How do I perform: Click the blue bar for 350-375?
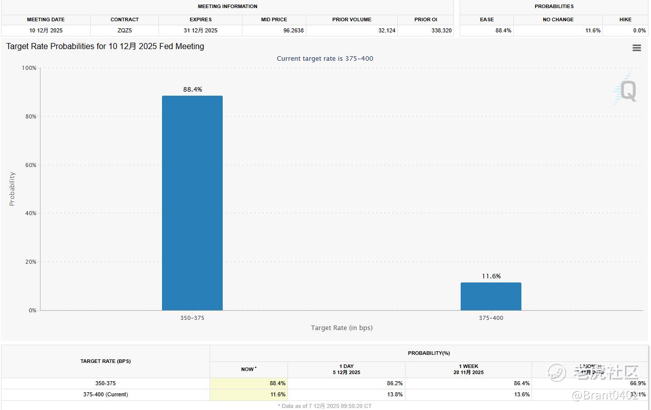[192, 202]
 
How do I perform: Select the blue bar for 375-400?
[491, 296]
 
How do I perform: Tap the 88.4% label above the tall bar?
[192, 90]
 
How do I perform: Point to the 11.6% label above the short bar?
[491, 276]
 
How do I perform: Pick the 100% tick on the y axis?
[28, 68]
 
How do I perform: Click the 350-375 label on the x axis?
[192, 318]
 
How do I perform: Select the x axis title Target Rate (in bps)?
[342, 328]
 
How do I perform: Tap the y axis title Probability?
[12, 189]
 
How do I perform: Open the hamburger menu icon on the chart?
[637, 48]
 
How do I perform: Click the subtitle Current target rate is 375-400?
[325, 59]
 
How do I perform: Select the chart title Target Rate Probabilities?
[105, 47]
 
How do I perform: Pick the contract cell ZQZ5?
[125, 30]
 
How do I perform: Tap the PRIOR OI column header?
[426, 20]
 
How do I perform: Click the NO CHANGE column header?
[558, 20]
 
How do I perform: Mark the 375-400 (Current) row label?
[105, 394]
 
